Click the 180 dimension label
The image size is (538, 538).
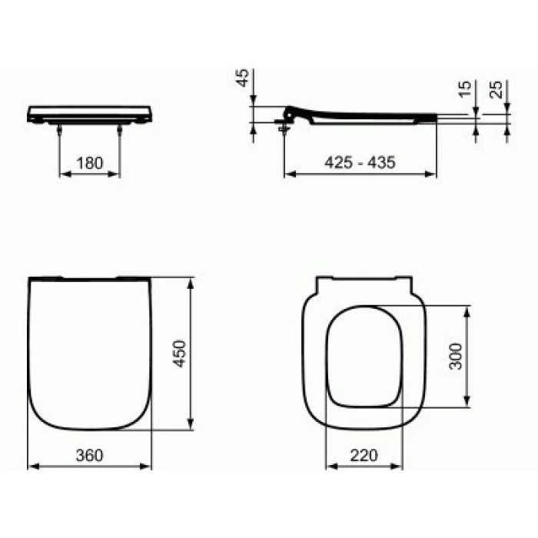point(90,163)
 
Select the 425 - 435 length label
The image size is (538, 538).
point(360,162)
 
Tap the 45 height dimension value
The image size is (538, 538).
point(242,78)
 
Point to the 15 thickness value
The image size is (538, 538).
point(465,89)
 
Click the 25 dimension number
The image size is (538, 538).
point(496,89)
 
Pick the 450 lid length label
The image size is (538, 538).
point(179,354)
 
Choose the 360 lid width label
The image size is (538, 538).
point(89,455)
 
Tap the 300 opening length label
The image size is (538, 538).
point(456,356)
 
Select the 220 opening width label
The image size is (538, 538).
point(364,455)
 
